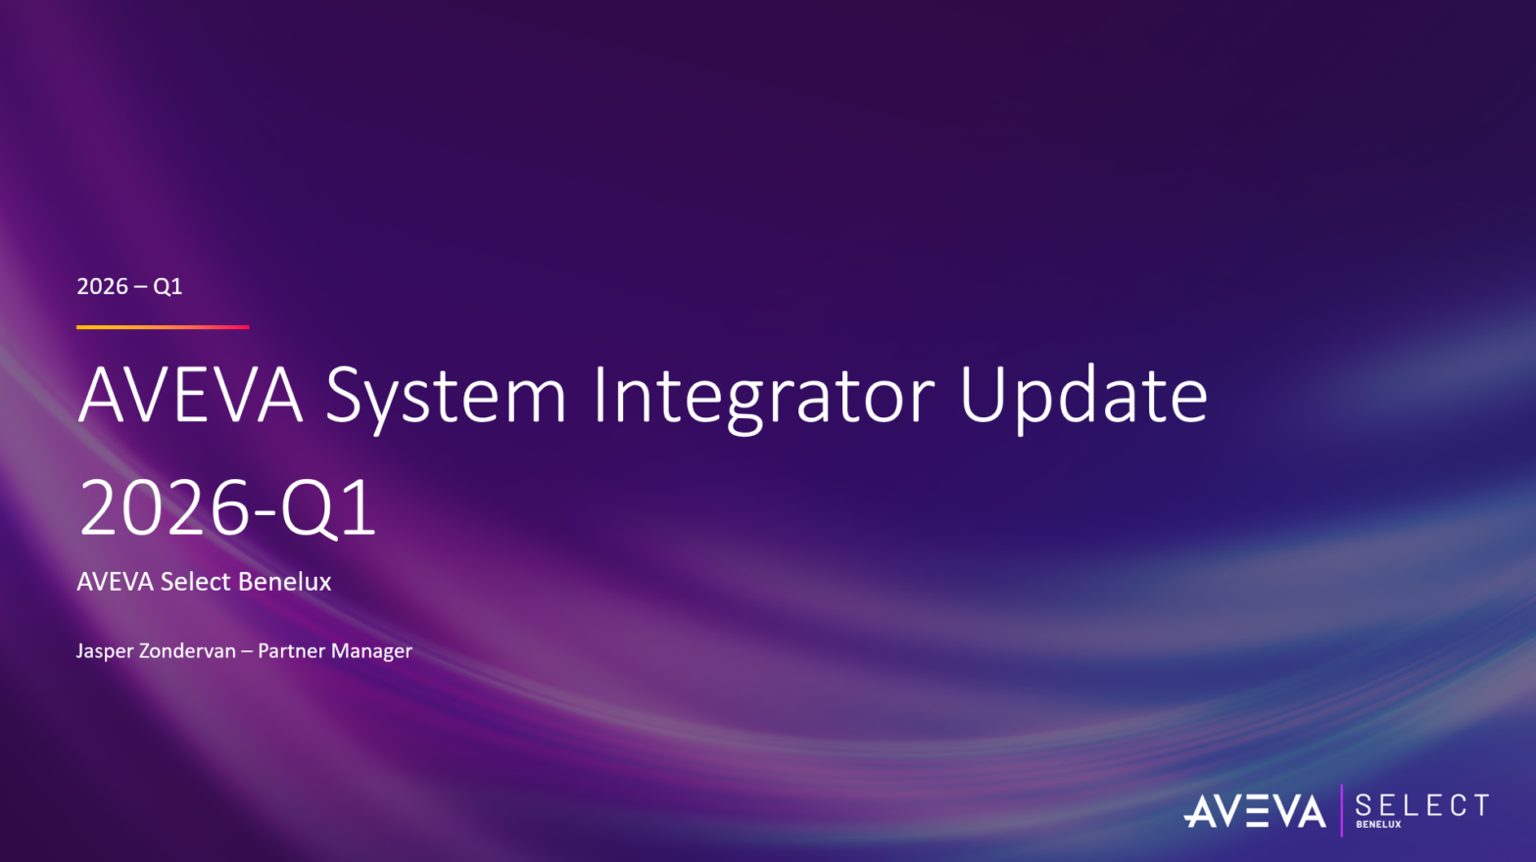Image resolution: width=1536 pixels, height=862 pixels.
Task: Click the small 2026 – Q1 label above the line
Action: (x=129, y=286)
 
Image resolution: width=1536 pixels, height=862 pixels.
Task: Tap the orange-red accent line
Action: (x=163, y=327)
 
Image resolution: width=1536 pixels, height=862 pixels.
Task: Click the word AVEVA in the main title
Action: (x=191, y=396)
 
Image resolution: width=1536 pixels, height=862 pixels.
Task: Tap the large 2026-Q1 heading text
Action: (x=227, y=508)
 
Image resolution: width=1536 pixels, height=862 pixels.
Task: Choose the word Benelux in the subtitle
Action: (x=284, y=582)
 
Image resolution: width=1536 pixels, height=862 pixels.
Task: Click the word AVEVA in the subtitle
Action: (x=116, y=582)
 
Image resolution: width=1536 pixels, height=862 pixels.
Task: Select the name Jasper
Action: (x=104, y=650)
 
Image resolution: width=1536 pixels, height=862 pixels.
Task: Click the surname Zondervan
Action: (x=187, y=650)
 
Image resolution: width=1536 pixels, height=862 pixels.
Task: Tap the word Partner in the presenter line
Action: (x=292, y=650)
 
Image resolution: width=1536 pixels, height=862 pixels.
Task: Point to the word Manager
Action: (x=371, y=651)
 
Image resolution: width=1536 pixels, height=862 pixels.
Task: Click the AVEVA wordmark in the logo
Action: (x=1255, y=811)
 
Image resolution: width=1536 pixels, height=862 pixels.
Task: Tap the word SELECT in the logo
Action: (x=1422, y=804)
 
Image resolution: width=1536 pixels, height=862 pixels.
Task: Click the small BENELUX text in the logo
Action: (x=1378, y=824)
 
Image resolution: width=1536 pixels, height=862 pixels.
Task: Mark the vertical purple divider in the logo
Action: (x=1341, y=810)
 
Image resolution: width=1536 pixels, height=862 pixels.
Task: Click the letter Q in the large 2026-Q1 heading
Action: (x=310, y=509)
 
